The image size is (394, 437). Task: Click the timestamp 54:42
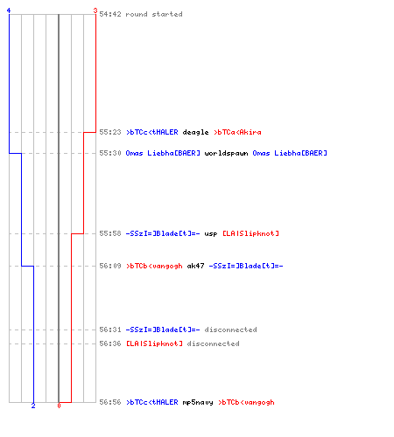pos(110,14)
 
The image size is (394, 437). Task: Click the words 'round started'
pos(154,14)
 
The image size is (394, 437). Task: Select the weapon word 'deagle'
pos(195,133)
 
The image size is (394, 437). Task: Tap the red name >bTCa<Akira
pos(237,132)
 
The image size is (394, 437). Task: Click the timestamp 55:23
pos(110,132)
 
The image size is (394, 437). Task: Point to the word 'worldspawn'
pos(226,153)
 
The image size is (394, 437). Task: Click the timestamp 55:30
pos(110,153)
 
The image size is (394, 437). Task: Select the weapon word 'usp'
pos(211,234)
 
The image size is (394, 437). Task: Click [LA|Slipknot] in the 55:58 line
pos(250,233)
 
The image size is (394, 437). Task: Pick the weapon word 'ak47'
pos(195,266)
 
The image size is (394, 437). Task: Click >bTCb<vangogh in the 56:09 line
pos(154,266)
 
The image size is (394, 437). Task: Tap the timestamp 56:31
pos(110,329)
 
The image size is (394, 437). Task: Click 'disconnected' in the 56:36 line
pos(213,343)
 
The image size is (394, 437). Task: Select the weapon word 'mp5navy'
pos(198,402)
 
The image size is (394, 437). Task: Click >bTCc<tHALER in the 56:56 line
pos(152,402)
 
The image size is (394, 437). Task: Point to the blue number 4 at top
pos(9,10)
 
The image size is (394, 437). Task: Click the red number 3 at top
pos(95,10)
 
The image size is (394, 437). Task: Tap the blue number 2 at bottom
pos(33,406)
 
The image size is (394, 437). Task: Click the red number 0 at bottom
pos(59,406)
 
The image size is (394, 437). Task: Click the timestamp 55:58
pos(110,233)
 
